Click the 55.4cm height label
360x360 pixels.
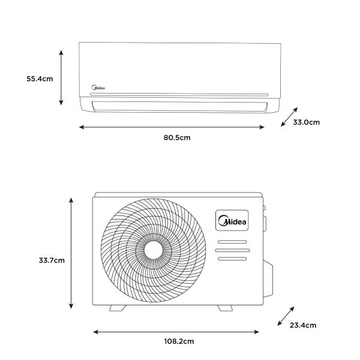point(40,79)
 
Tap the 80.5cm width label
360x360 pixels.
point(177,137)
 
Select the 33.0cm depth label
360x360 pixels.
point(306,122)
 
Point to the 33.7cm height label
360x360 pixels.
point(52,260)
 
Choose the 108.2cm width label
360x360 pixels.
point(179,341)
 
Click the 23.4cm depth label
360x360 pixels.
point(303,325)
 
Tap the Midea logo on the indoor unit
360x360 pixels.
point(98,88)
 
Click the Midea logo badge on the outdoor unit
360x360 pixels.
point(232,220)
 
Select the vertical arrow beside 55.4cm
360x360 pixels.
point(61,77)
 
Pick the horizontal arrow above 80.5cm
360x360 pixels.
point(172,127)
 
